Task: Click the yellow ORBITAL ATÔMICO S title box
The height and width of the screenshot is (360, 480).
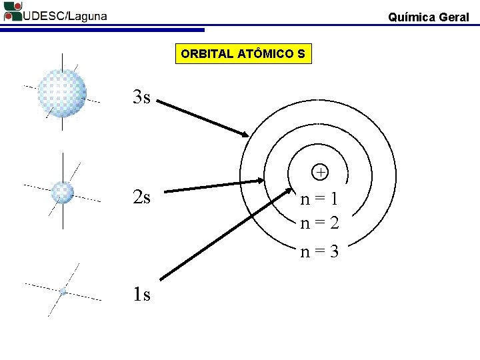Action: [243, 54]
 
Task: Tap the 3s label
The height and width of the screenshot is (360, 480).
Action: [141, 98]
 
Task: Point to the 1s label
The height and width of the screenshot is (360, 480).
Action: [141, 294]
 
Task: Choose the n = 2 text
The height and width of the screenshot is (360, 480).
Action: [319, 223]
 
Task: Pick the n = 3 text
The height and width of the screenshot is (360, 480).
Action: [319, 252]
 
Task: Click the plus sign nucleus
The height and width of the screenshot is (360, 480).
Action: [321, 173]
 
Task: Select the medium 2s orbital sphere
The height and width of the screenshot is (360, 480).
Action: [63, 192]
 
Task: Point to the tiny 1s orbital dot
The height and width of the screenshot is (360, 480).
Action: [63, 291]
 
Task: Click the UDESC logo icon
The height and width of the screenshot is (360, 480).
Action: [12, 12]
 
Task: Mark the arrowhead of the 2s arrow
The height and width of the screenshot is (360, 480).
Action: [261, 180]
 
